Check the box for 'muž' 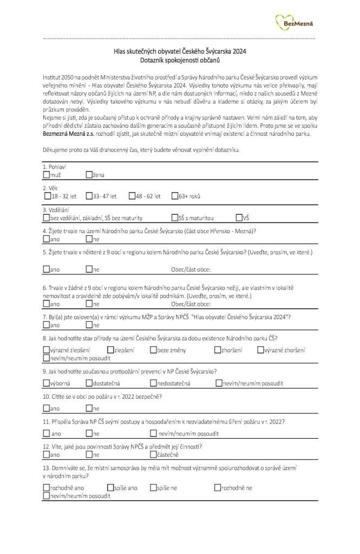tap(46, 175)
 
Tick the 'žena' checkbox tap(89, 175)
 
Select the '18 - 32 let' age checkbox tap(46, 196)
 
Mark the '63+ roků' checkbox tap(175, 196)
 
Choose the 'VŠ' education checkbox tap(239, 218)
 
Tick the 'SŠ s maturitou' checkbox tap(175, 218)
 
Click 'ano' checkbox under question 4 tap(46, 239)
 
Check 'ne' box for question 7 tap(89, 325)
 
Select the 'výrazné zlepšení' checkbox tap(46, 350)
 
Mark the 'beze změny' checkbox tap(153, 350)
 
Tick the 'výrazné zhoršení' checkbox tap(260, 350)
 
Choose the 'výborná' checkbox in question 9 tap(46, 384)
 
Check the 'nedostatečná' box tap(153, 384)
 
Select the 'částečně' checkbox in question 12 tap(153, 455)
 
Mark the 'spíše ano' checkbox tap(110, 487)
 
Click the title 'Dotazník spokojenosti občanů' tap(179, 60)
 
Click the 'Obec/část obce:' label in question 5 tap(191, 269)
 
